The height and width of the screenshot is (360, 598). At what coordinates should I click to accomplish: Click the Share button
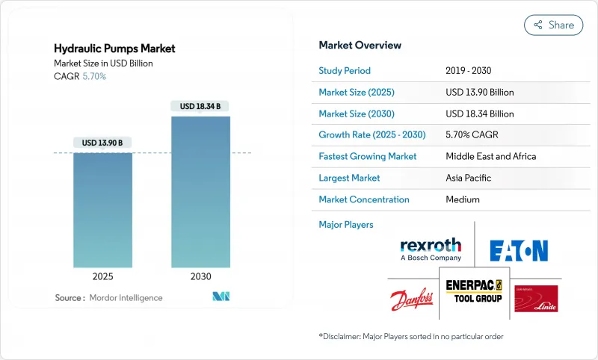point(553,25)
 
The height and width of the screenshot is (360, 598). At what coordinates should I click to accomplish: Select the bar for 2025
point(103,210)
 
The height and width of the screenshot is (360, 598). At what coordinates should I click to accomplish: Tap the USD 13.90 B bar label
point(103,143)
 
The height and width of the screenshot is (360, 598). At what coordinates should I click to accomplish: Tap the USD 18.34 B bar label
point(200,106)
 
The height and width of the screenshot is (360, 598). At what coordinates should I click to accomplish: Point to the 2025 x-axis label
point(103,276)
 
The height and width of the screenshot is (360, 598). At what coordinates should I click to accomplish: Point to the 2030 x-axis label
point(200,276)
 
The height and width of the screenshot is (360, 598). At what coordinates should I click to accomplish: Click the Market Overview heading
point(360,45)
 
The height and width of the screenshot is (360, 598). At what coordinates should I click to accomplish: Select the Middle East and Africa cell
point(491,157)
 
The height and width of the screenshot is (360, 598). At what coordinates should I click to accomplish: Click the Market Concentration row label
point(364,199)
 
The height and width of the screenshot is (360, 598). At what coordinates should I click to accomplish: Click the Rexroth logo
point(431,249)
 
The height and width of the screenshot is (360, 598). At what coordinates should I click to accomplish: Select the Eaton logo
point(519,251)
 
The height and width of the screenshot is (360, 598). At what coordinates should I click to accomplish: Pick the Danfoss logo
point(411,300)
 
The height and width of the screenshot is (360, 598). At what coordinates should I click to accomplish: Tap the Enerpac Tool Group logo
point(473,291)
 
